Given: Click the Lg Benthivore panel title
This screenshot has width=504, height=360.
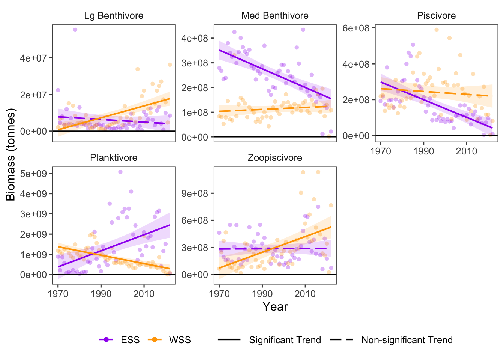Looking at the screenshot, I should point(114,16).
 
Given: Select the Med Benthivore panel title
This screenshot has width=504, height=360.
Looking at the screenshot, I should point(275,16).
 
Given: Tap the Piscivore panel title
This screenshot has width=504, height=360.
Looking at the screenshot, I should point(436,16).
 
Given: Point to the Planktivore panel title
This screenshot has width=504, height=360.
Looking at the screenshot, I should point(114,158).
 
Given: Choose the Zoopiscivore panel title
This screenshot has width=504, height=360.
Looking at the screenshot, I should point(275,158).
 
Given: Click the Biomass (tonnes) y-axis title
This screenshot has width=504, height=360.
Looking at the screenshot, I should point(11,154).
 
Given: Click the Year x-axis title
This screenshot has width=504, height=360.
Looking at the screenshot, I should point(275,306).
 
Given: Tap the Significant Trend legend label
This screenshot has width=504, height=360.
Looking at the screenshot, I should point(285,340).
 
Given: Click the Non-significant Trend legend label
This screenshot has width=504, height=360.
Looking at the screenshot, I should point(407,340).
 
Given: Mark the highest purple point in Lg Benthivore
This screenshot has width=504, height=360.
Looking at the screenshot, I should point(75,30).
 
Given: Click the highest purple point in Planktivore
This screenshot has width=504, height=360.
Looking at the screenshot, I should point(120,172).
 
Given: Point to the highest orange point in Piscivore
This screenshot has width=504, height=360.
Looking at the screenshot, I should point(436,30).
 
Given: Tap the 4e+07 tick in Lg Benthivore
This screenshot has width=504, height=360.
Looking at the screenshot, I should point(36,58).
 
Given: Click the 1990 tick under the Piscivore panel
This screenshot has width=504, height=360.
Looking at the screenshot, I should point(423,151).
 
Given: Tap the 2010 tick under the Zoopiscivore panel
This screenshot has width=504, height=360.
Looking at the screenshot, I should point(305,293).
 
